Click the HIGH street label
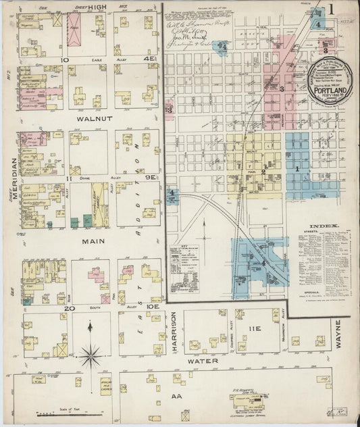pyautogui.click(x=96, y=7)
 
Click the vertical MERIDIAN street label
pyautogui.click(x=14, y=178)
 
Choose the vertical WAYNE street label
pyautogui.click(x=338, y=334)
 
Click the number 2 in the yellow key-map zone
pyautogui.click(x=263, y=172)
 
